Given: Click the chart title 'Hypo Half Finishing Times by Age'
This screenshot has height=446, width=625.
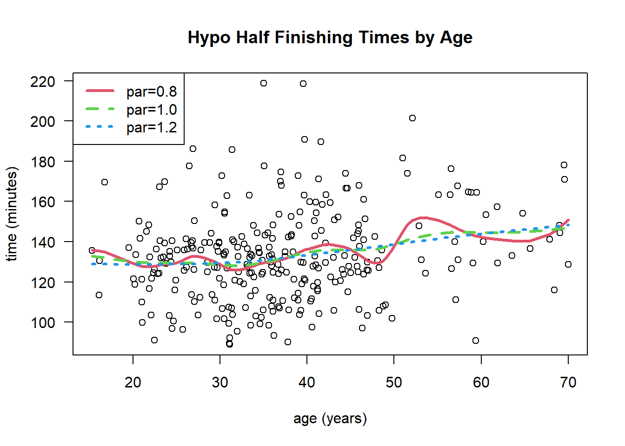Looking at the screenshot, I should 330,38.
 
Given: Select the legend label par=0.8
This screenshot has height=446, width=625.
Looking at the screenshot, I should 152,92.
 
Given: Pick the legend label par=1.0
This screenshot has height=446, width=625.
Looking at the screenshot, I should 152,110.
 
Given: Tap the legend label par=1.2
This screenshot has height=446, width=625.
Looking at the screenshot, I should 152,127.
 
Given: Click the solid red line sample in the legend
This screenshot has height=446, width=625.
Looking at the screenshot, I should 100,91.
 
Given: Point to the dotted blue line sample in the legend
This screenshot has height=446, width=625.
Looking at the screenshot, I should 100,126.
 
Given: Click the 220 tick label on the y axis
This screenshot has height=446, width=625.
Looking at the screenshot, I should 43,82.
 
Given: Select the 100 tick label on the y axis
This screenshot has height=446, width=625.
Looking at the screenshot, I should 43,322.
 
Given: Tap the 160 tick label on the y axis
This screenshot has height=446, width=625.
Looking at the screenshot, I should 43,202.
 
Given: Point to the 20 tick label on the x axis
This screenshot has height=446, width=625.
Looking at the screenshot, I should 133,382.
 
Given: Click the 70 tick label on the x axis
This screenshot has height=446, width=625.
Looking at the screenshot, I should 568,382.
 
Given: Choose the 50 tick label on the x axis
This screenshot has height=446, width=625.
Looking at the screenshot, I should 394,382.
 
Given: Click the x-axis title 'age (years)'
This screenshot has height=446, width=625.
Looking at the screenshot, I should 330,419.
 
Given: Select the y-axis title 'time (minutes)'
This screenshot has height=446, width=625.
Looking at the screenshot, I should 12,214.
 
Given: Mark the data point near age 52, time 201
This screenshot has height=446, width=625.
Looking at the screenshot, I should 412,118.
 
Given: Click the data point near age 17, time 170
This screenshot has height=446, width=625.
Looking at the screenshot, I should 105,182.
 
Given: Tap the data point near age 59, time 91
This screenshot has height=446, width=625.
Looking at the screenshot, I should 476,341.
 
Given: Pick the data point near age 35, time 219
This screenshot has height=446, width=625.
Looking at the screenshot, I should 264,83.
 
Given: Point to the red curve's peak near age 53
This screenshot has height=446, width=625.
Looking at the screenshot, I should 423,217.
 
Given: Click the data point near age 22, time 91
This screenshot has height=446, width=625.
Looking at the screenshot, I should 154,340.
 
